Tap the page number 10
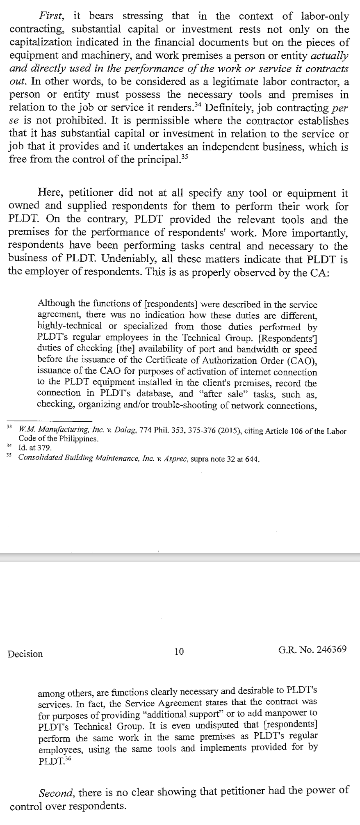tap(179, 651)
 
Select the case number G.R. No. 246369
tap(312, 649)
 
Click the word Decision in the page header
tap(25, 654)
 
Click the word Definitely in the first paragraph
tap(228, 108)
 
